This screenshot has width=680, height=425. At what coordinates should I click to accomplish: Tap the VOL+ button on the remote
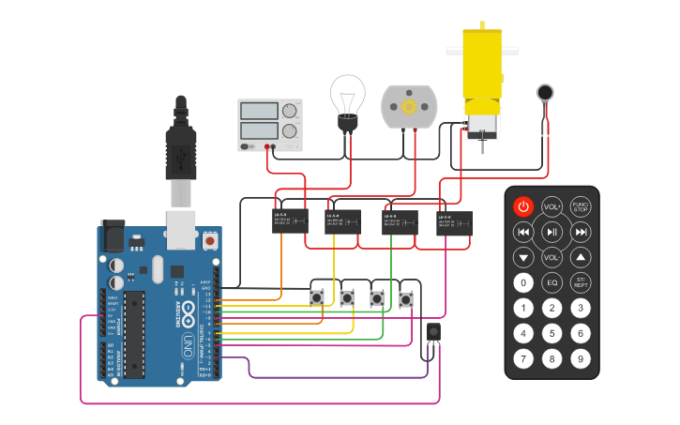[x=552, y=206]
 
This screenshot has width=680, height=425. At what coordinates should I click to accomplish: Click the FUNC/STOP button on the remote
[x=582, y=206]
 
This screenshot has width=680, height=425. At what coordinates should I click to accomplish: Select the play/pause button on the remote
[x=552, y=232]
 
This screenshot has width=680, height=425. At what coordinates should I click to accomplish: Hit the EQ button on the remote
[x=552, y=282]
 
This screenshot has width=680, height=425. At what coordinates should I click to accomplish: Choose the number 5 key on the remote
[x=552, y=333]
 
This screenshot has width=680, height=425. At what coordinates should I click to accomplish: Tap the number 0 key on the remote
[x=523, y=282]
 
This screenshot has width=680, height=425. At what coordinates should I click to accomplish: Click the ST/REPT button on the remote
[x=582, y=282]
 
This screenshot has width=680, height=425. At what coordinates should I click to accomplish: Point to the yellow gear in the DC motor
[x=409, y=106]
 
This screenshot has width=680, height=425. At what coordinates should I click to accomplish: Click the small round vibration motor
[x=545, y=92]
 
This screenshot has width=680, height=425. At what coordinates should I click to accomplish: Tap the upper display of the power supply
[x=258, y=110]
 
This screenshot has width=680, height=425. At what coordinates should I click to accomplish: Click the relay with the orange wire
[x=291, y=222]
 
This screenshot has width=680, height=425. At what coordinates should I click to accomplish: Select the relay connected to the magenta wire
[x=454, y=223]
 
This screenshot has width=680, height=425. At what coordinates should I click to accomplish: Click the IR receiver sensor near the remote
[x=433, y=332]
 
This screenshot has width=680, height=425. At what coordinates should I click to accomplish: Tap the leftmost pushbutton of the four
[x=318, y=298]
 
